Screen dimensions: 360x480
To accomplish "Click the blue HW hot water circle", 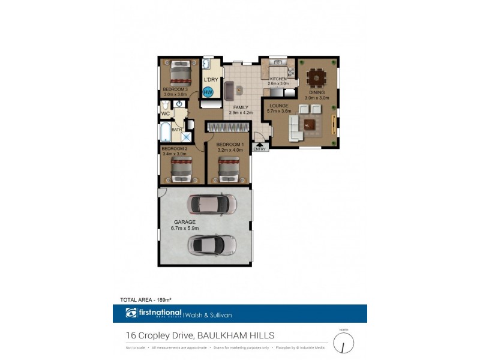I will [208, 92].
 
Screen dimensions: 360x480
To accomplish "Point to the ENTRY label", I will [259, 149].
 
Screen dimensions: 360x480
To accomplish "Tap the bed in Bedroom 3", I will [179, 74].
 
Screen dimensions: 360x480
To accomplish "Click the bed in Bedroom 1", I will [228, 169].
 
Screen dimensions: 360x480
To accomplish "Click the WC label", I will [165, 113].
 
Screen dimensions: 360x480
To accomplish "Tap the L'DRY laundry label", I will [211, 80].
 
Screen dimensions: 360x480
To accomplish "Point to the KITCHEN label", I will [278, 79].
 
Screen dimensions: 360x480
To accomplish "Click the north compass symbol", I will [344, 343].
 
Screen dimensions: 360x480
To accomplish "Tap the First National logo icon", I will [131, 313].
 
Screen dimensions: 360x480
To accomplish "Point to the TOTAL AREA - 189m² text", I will [146, 299].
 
